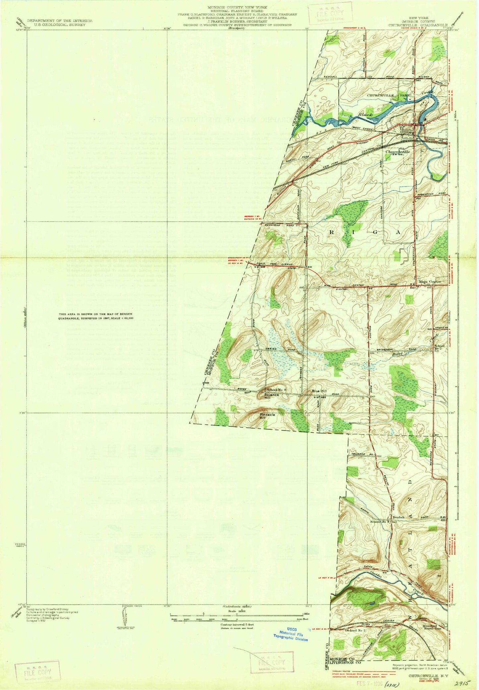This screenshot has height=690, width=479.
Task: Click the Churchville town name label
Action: [x=397, y=151]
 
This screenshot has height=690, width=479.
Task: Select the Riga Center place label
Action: [x=430, y=282]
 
